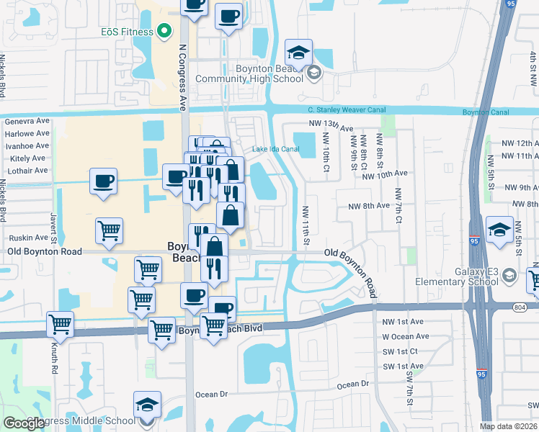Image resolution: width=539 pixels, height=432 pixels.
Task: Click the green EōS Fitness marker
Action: pos(164,32)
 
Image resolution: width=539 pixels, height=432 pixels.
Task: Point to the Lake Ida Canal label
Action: pos(275,150)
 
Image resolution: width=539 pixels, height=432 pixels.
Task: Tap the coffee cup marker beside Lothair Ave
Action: pos(104,181)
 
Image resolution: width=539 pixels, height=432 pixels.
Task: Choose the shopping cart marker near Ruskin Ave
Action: pos(109,231)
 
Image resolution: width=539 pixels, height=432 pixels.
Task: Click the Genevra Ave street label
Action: pos(27,122)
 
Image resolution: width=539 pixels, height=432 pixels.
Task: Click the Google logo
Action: pos(24,423)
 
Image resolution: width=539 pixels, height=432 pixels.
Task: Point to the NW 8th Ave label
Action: pos(368,206)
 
